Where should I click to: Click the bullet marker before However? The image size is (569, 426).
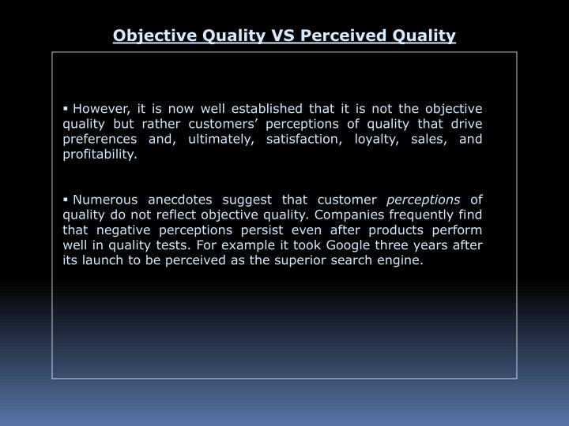pyautogui.click(x=66, y=108)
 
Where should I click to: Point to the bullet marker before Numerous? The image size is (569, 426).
pyautogui.click(x=66, y=200)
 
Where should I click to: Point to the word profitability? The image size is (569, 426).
pyautogui.click(x=100, y=155)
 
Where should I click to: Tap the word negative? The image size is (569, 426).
pyautogui.click(x=123, y=230)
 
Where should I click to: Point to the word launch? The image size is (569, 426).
pyautogui.click(x=104, y=260)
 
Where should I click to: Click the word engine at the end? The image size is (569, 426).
pyautogui.click(x=401, y=260)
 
